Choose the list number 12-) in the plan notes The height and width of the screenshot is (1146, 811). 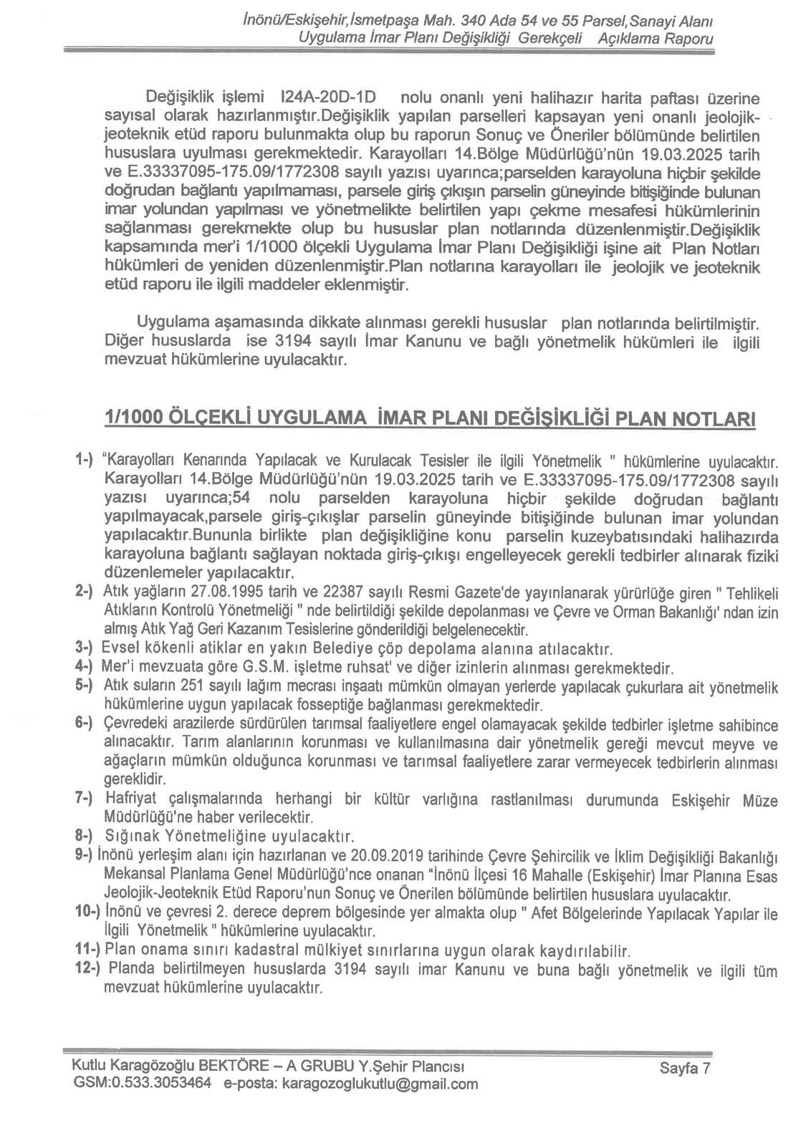pos(89,971)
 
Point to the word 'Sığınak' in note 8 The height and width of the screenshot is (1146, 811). pos(130,836)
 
